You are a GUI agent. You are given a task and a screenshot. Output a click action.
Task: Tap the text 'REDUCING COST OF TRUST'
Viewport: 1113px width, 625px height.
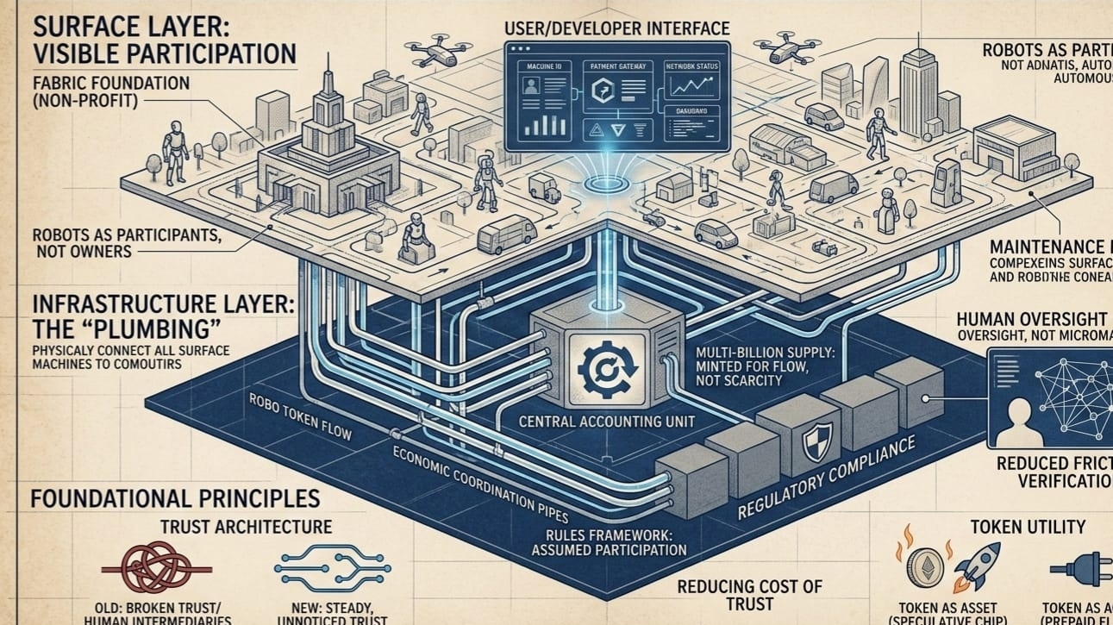(750, 595)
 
